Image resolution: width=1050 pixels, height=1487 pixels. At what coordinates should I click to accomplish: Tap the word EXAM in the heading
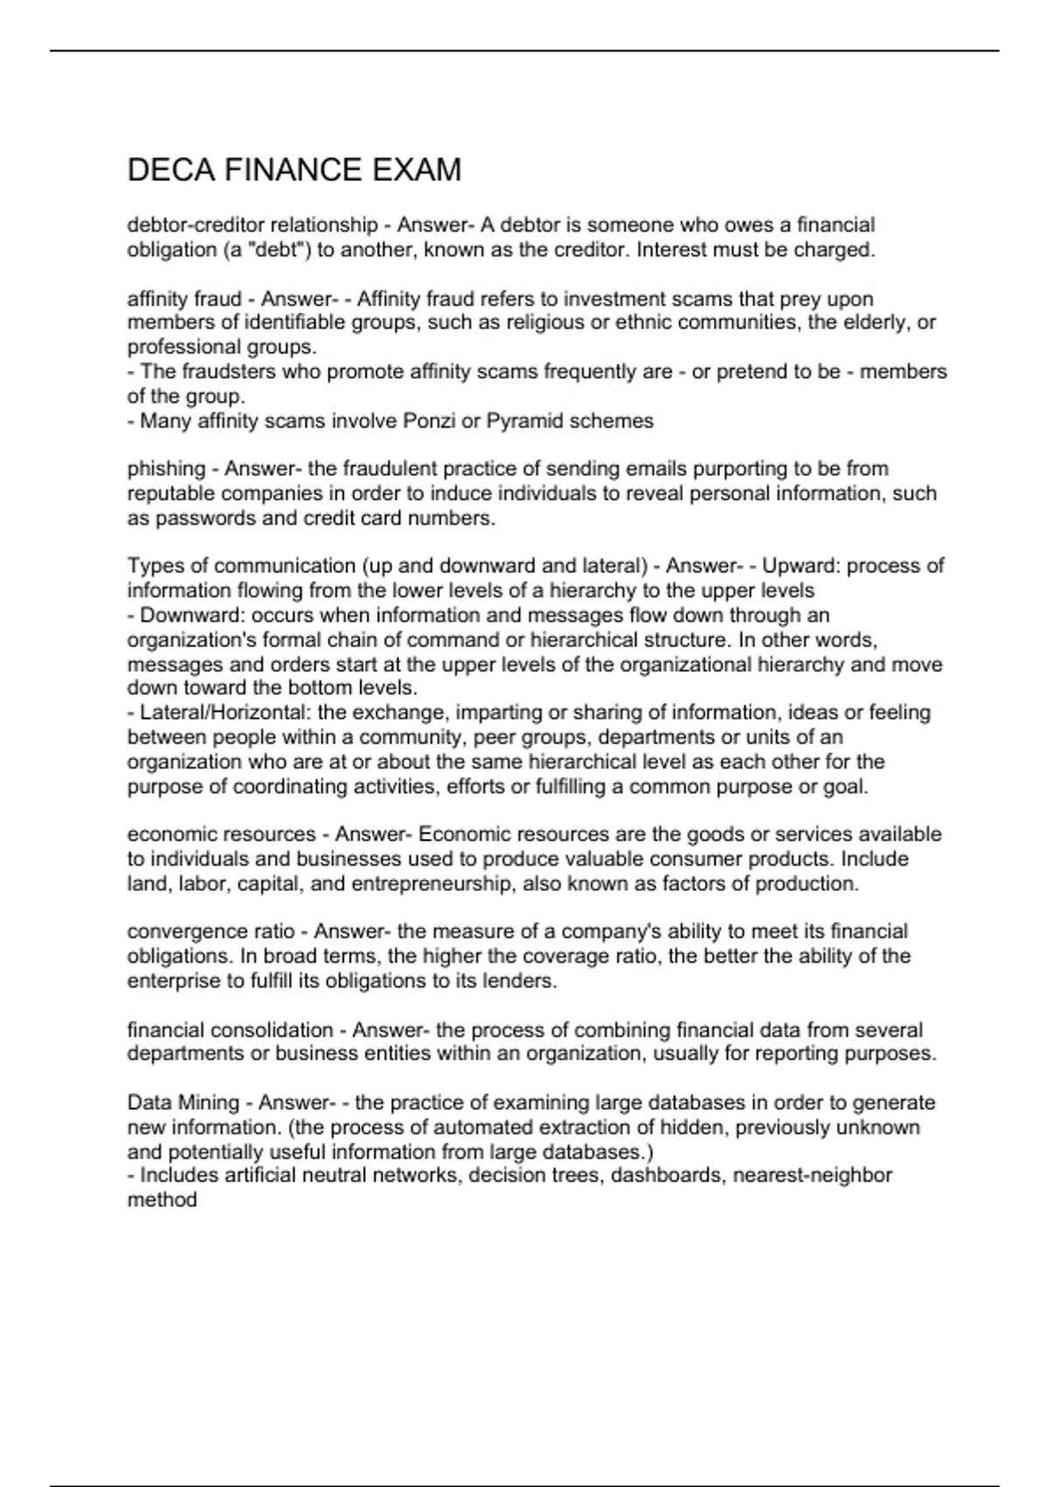(416, 170)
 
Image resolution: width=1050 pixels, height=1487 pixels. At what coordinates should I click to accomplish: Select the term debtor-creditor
(195, 225)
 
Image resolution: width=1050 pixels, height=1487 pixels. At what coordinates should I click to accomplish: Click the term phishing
(166, 469)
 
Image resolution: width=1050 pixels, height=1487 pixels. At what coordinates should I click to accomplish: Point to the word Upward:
(801, 566)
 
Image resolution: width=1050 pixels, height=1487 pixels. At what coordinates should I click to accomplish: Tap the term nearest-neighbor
(812, 1175)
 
